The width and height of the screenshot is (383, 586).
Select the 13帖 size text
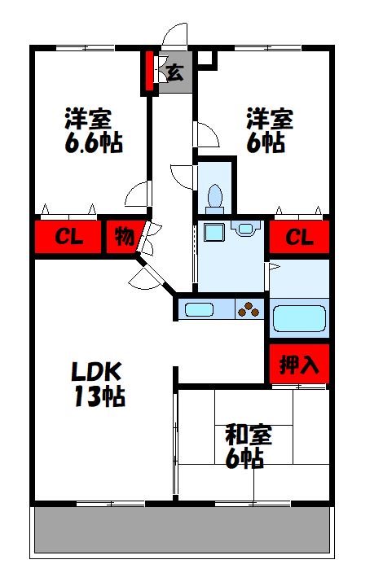click(x=97, y=398)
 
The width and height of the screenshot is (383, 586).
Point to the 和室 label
click(x=248, y=435)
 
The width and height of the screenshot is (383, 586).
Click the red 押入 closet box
click(x=299, y=365)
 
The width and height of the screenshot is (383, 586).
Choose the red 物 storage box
click(x=123, y=238)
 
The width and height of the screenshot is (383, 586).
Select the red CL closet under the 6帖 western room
click(x=299, y=238)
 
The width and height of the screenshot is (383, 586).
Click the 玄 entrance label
click(x=174, y=72)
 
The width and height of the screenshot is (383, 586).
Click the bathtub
click(x=299, y=318)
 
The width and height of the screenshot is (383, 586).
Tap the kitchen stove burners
click(x=249, y=309)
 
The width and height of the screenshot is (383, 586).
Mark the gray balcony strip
click(x=183, y=531)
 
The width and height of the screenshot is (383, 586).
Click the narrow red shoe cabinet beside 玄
click(x=149, y=72)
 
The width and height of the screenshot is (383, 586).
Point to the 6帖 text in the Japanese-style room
click(x=244, y=458)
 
